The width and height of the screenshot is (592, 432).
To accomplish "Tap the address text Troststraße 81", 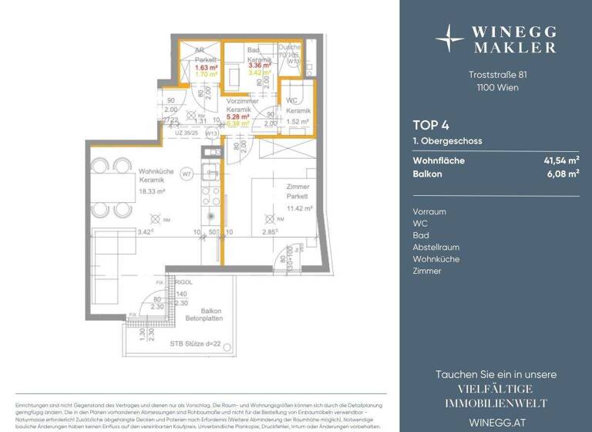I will coord(497,75).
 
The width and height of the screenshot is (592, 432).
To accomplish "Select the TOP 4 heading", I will coord(430,126).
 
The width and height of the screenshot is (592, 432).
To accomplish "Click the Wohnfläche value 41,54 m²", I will coord(561,160).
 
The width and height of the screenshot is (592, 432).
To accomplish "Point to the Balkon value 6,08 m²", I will coord(563,175).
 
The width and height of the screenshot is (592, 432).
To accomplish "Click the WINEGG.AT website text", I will coord(496,420).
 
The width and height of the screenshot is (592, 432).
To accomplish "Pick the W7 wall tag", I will coord(187,175).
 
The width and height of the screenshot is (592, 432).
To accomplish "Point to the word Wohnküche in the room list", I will coord(436,259).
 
